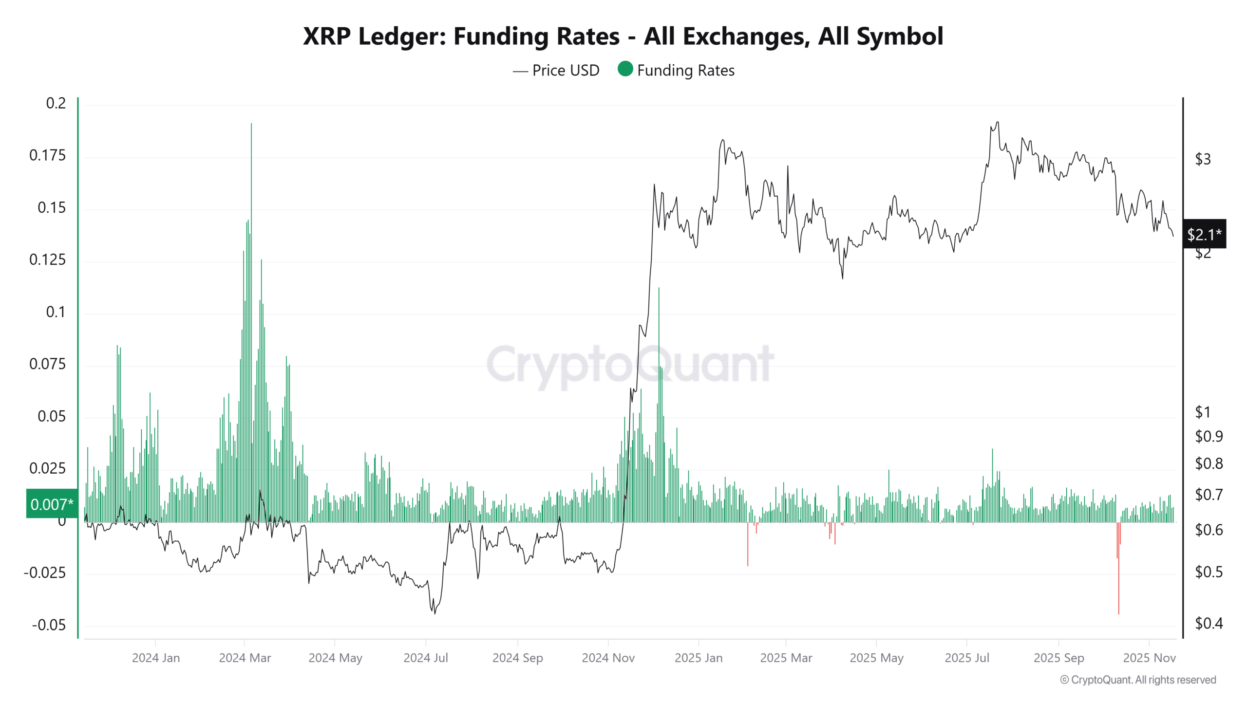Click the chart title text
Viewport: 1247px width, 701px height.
pos(623,37)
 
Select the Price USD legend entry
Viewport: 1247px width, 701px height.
pos(556,71)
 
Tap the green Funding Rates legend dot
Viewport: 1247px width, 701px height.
pos(625,69)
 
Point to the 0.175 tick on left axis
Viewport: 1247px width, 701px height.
pos(47,156)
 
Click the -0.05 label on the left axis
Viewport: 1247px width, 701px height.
pos(49,625)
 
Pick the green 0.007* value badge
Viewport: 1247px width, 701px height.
pos(52,504)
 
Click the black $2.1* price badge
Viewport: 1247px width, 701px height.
pos(1204,235)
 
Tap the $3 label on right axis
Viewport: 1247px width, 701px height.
pos(1203,159)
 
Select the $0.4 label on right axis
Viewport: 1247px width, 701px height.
pos(1209,623)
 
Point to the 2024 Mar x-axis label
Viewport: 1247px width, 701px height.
pos(245,658)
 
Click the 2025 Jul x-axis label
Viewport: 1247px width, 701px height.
pos(966,658)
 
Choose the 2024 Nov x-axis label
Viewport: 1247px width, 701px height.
pos(608,658)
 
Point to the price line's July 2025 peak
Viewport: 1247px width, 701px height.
pos(997,123)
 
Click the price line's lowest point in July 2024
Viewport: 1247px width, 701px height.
pos(435,612)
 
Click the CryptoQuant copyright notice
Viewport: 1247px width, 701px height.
pos(1138,680)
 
